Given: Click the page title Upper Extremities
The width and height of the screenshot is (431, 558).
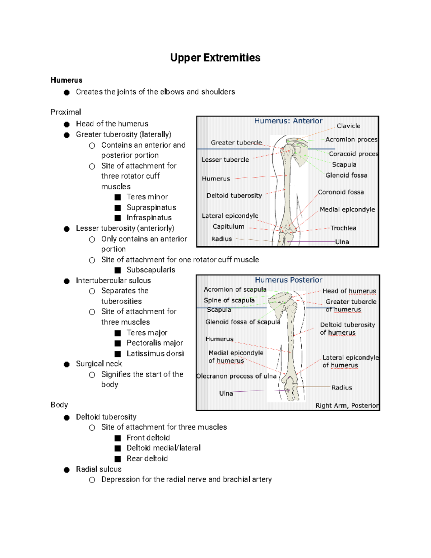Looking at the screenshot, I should tap(215, 58).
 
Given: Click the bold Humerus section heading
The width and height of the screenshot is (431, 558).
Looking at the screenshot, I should tap(66, 80).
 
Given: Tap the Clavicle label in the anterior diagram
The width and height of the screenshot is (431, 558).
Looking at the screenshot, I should tap(348, 126).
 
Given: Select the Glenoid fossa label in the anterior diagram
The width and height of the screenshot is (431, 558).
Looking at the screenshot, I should tap(346, 175).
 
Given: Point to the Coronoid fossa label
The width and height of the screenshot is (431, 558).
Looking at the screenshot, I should tap(340, 192).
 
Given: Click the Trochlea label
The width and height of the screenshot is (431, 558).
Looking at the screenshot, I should tap(343, 228).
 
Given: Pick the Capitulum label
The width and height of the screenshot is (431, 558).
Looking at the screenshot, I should tap(228, 227).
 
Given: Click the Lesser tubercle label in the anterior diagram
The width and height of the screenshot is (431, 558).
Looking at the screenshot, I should tap(225, 160).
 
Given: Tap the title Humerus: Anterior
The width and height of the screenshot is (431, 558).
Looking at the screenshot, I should tap(288, 121).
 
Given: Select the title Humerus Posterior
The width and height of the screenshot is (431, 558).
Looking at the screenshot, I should tap(288, 280).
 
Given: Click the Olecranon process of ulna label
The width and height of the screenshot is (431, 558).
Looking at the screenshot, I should tap(236, 376).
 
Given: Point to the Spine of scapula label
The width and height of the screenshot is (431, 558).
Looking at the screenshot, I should tap(229, 300).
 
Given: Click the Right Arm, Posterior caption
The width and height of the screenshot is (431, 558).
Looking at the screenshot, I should tap(347, 406).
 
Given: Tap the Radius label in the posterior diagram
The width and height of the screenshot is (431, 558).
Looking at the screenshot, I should tap(342, 388).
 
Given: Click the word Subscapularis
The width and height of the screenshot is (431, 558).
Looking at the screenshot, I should tap(151, 270).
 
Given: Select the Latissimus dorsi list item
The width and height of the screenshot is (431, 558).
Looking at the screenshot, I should tap(155, 354).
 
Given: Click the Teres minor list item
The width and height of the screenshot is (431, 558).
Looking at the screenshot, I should tap(147, 197).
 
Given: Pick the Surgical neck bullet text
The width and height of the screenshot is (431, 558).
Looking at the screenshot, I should tap(99, 364).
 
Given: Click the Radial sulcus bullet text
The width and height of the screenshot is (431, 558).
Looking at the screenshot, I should tap(99, 469).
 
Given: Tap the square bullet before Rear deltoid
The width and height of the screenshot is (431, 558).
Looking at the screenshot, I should tap(117, 459).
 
